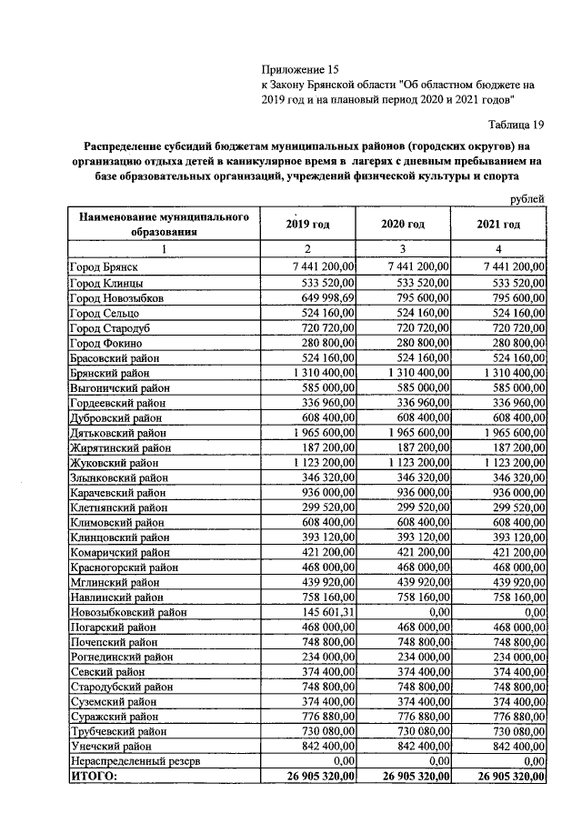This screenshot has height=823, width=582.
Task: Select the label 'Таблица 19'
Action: tap(514, 125)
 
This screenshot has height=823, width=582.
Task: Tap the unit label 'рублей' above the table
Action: tap(525, 199)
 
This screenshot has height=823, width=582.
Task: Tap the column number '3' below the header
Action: tap(403, 249)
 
